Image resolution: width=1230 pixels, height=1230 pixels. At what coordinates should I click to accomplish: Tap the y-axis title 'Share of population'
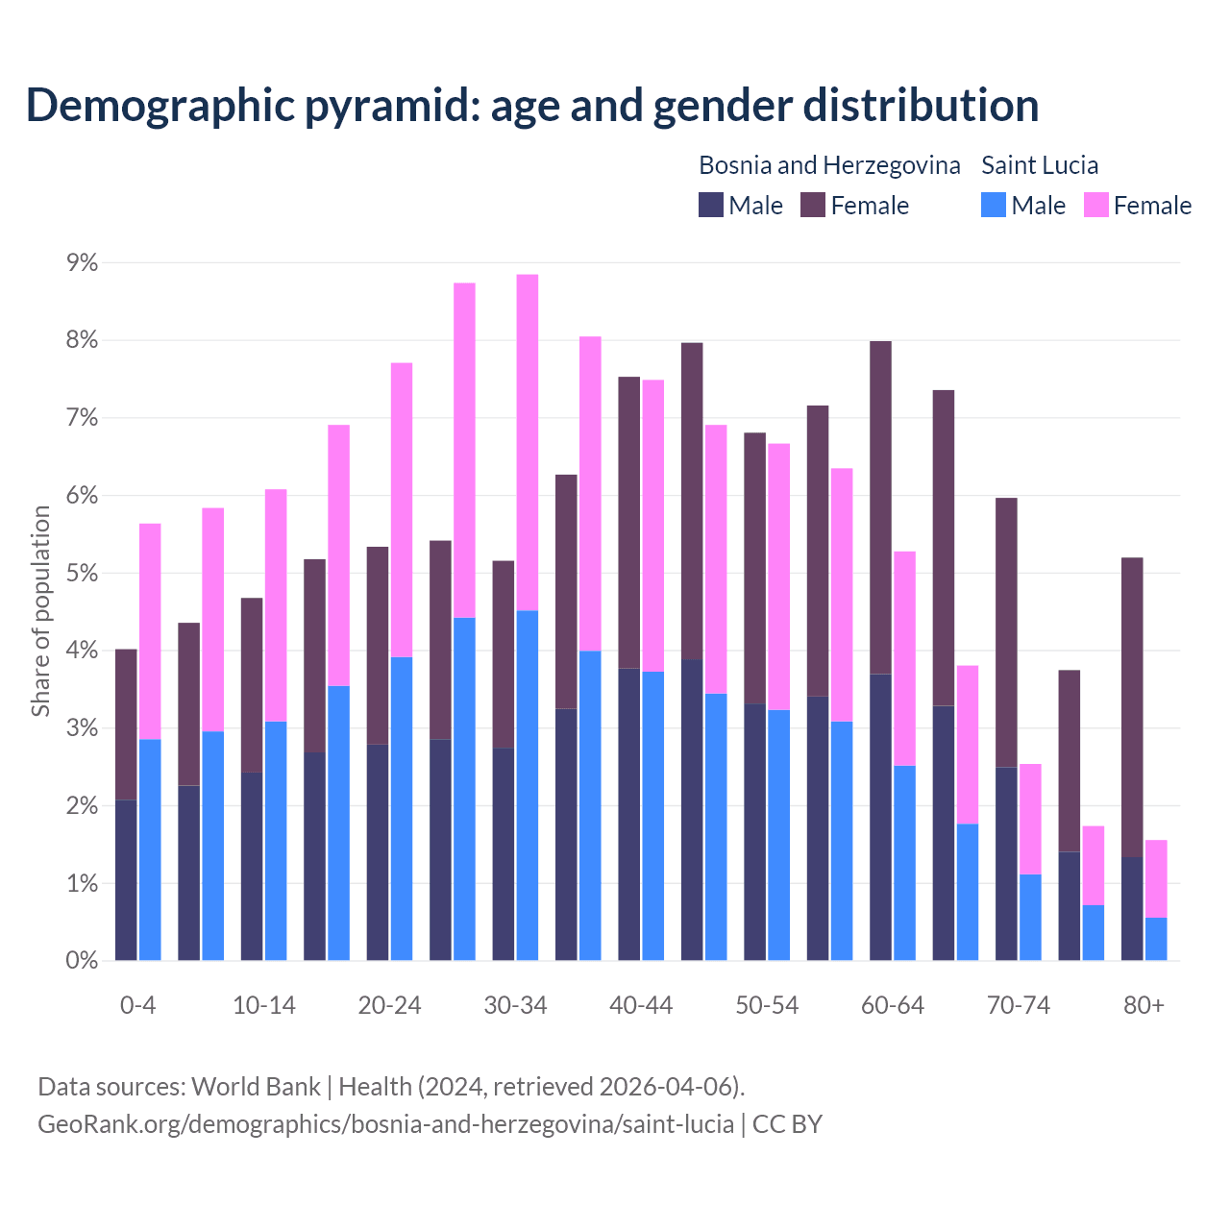point(41,611)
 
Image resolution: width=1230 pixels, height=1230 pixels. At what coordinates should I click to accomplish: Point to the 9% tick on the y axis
point(81,263)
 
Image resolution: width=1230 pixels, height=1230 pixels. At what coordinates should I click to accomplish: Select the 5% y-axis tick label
point(81,574)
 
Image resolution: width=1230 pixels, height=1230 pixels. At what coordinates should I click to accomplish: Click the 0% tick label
point(81,961)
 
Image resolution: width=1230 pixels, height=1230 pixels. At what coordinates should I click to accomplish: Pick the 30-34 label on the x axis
point(515,1006)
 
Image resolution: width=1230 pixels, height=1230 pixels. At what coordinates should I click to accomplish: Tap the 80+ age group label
point(1144,1006)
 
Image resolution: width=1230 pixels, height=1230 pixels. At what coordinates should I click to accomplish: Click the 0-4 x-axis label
point(137,1006)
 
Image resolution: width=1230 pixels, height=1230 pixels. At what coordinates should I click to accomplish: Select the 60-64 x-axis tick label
point(893,1006)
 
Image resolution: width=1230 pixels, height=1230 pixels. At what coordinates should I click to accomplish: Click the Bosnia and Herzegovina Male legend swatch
point(711,205)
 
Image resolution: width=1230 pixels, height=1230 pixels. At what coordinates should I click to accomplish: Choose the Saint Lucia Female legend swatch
point(1095,205)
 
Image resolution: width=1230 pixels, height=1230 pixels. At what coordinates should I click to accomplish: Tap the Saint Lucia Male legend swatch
point(994,205)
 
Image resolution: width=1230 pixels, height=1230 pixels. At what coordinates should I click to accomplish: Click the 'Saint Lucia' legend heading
point(1040,165)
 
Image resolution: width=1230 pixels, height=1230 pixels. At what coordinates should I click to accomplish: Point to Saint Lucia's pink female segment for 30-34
point(528,442)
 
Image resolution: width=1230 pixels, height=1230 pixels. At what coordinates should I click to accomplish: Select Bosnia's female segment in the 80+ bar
point(1132,706)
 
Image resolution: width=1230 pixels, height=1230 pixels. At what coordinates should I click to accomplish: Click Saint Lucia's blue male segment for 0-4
point(150,849)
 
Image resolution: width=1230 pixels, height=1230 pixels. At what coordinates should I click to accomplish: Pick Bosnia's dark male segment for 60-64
point(880,817)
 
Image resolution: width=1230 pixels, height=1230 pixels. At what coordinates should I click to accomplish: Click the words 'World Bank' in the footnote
point(256,1087)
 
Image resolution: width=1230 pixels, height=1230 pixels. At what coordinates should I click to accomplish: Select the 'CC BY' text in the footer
point(787,1124)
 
